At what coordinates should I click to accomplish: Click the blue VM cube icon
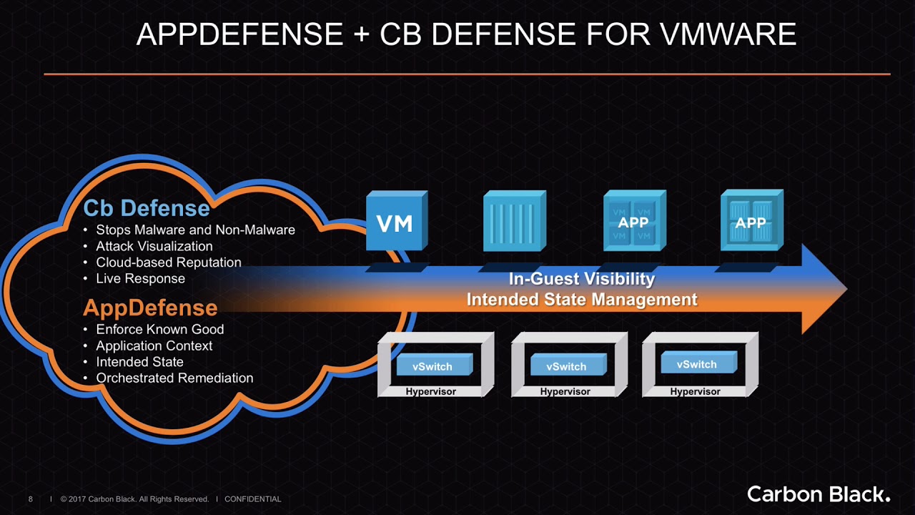(395, 222)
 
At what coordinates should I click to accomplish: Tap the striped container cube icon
(513, 222)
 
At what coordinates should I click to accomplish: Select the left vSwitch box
(432, 366)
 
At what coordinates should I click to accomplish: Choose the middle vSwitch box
(566, 366)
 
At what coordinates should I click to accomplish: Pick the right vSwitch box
(696, 363)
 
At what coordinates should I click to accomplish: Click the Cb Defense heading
(147, 208)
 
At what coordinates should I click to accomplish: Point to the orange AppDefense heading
(150, 308)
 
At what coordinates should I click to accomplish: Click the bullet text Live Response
(141, 278)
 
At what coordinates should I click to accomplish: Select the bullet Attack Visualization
(154, 246)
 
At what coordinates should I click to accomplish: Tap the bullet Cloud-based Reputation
(169, 263)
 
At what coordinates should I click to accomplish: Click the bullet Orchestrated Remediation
(174, 378)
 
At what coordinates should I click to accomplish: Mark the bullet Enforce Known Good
(160, 329)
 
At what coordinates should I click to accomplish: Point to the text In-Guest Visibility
(581, 279)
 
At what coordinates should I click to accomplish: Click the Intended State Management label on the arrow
(581, 300)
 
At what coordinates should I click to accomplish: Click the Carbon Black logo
(818, 494)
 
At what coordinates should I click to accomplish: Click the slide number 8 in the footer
(30, 499)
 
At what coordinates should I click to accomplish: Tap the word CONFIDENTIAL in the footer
(253, 499)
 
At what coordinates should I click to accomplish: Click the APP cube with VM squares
(633, 222)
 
